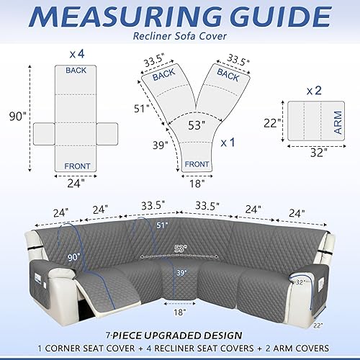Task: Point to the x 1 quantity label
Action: [x=228, y=143]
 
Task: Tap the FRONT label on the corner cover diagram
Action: [x=197, y=163]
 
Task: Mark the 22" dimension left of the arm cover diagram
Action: [x=271, y=122]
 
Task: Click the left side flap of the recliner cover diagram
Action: [x=44, y=132]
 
